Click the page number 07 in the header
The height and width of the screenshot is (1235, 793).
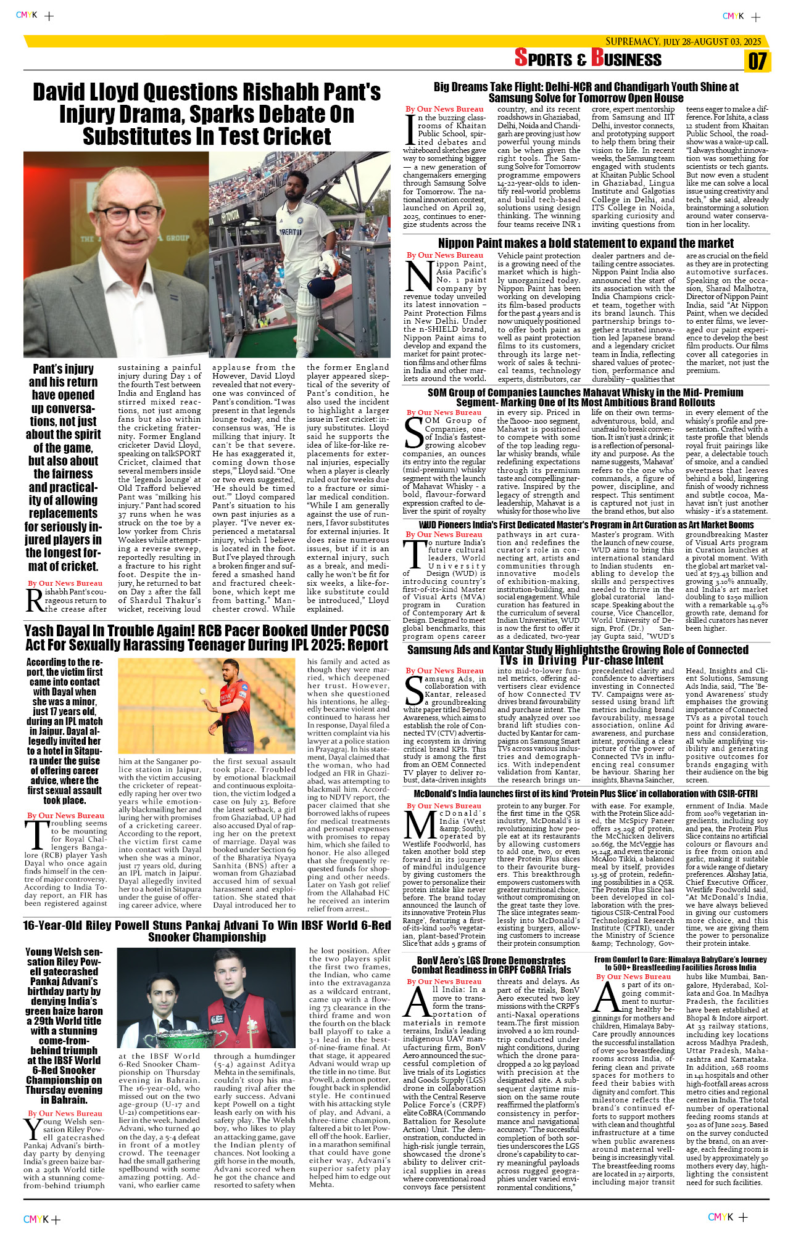757,61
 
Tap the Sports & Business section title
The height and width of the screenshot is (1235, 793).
587,59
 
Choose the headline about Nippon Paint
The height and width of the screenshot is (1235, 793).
586,244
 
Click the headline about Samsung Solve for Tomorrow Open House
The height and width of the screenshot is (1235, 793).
586,92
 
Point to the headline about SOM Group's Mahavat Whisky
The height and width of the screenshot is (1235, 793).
586,397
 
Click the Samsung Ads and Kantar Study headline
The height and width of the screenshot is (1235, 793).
578,655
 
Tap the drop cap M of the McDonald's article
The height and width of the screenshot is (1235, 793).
420,825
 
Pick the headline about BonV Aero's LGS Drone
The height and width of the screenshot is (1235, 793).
491,965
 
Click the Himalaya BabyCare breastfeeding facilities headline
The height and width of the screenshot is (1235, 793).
681,963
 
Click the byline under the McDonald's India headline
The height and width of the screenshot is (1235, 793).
444,806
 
